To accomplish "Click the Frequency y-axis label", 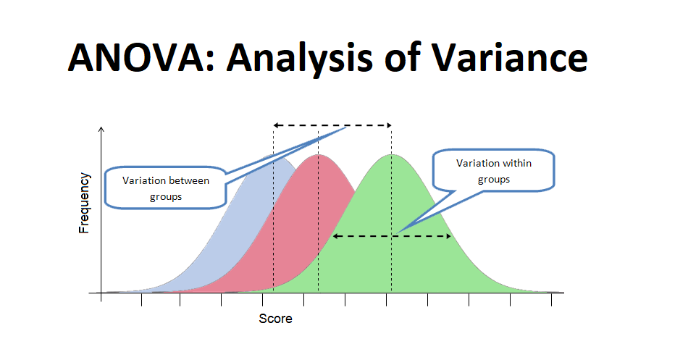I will (x=85, y=202).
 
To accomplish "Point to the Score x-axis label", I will (x=276, y=318).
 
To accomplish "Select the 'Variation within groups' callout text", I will (x=493, y=171).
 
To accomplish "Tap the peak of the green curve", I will (x=392, y=156).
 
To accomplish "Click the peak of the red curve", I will (x=318, y=156).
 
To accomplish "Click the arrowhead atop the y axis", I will (x=101, y=130).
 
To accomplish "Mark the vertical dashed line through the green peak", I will (x=392, y=268).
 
